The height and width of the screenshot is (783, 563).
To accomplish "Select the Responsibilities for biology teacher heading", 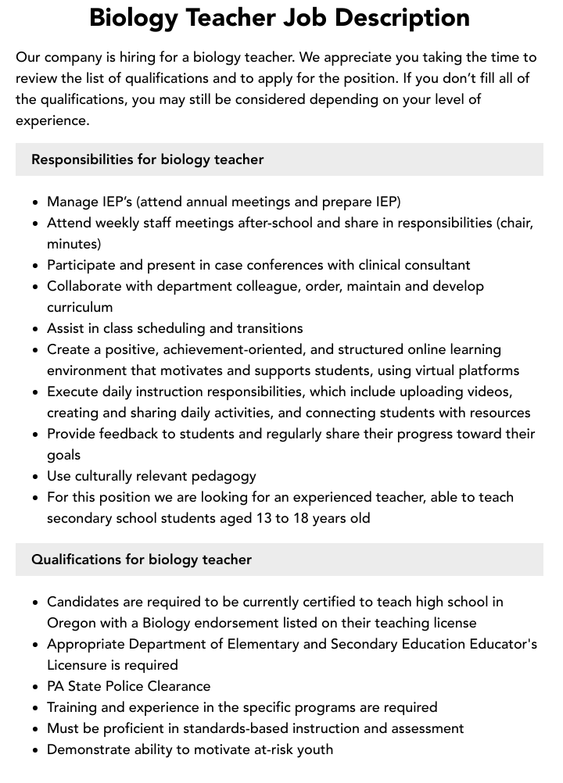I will pyautogui.click(x=147, y=159).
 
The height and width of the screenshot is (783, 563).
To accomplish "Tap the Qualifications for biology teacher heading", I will pyautogui.click(x=142, y=560).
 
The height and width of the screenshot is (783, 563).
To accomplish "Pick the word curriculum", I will pyautogui.click(x=80, y=307).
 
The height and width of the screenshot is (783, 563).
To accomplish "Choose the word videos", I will pyautogui.click(x=488, y=391).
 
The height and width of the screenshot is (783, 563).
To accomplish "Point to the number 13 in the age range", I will pyautogui.click(x=264, y=518).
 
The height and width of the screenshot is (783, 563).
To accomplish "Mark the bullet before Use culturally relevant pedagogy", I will pyautogui.click(x=36, y=477).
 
